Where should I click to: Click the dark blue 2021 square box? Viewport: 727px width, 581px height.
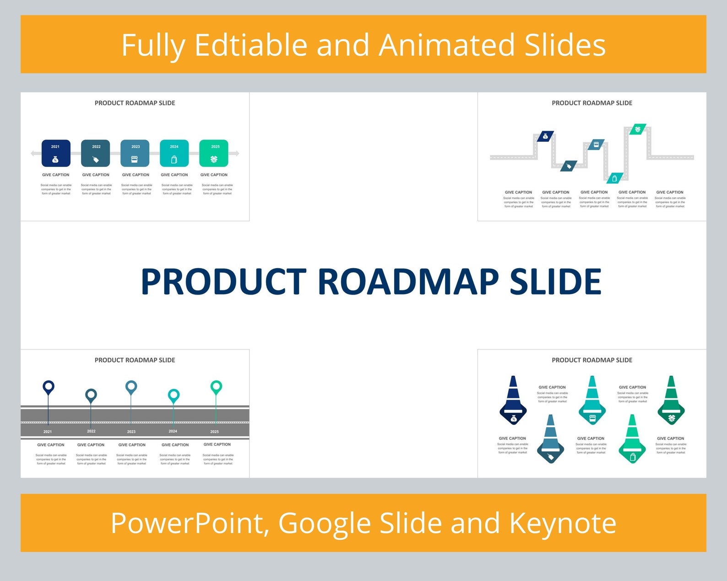pos(56,153)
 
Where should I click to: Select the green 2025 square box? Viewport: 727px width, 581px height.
pos(214,153)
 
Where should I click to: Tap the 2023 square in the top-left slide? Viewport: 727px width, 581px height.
pos(135,153)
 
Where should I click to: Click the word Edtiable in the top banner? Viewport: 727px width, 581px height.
pos(251,45)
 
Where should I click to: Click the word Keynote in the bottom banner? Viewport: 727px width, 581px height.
pos(563,523)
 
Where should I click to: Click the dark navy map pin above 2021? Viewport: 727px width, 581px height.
pos(49,387)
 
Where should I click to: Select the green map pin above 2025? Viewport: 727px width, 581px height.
pos(216,387)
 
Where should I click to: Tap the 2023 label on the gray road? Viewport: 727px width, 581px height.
pos(131,431)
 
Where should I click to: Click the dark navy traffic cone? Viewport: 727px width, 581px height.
pos(513,400)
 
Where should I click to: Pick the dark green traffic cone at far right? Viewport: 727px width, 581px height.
pos(671,400)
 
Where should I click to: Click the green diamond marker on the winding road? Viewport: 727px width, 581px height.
pos(638,129)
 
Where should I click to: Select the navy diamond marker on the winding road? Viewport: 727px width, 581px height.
pos(545,136)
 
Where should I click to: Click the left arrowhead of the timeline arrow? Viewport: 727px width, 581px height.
pos(33,153)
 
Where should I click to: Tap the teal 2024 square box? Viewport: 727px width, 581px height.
pos(174,153)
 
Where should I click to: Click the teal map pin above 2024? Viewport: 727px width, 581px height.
pos(174,396)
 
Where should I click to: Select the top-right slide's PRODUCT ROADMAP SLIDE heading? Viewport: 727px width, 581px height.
pos(591,103)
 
